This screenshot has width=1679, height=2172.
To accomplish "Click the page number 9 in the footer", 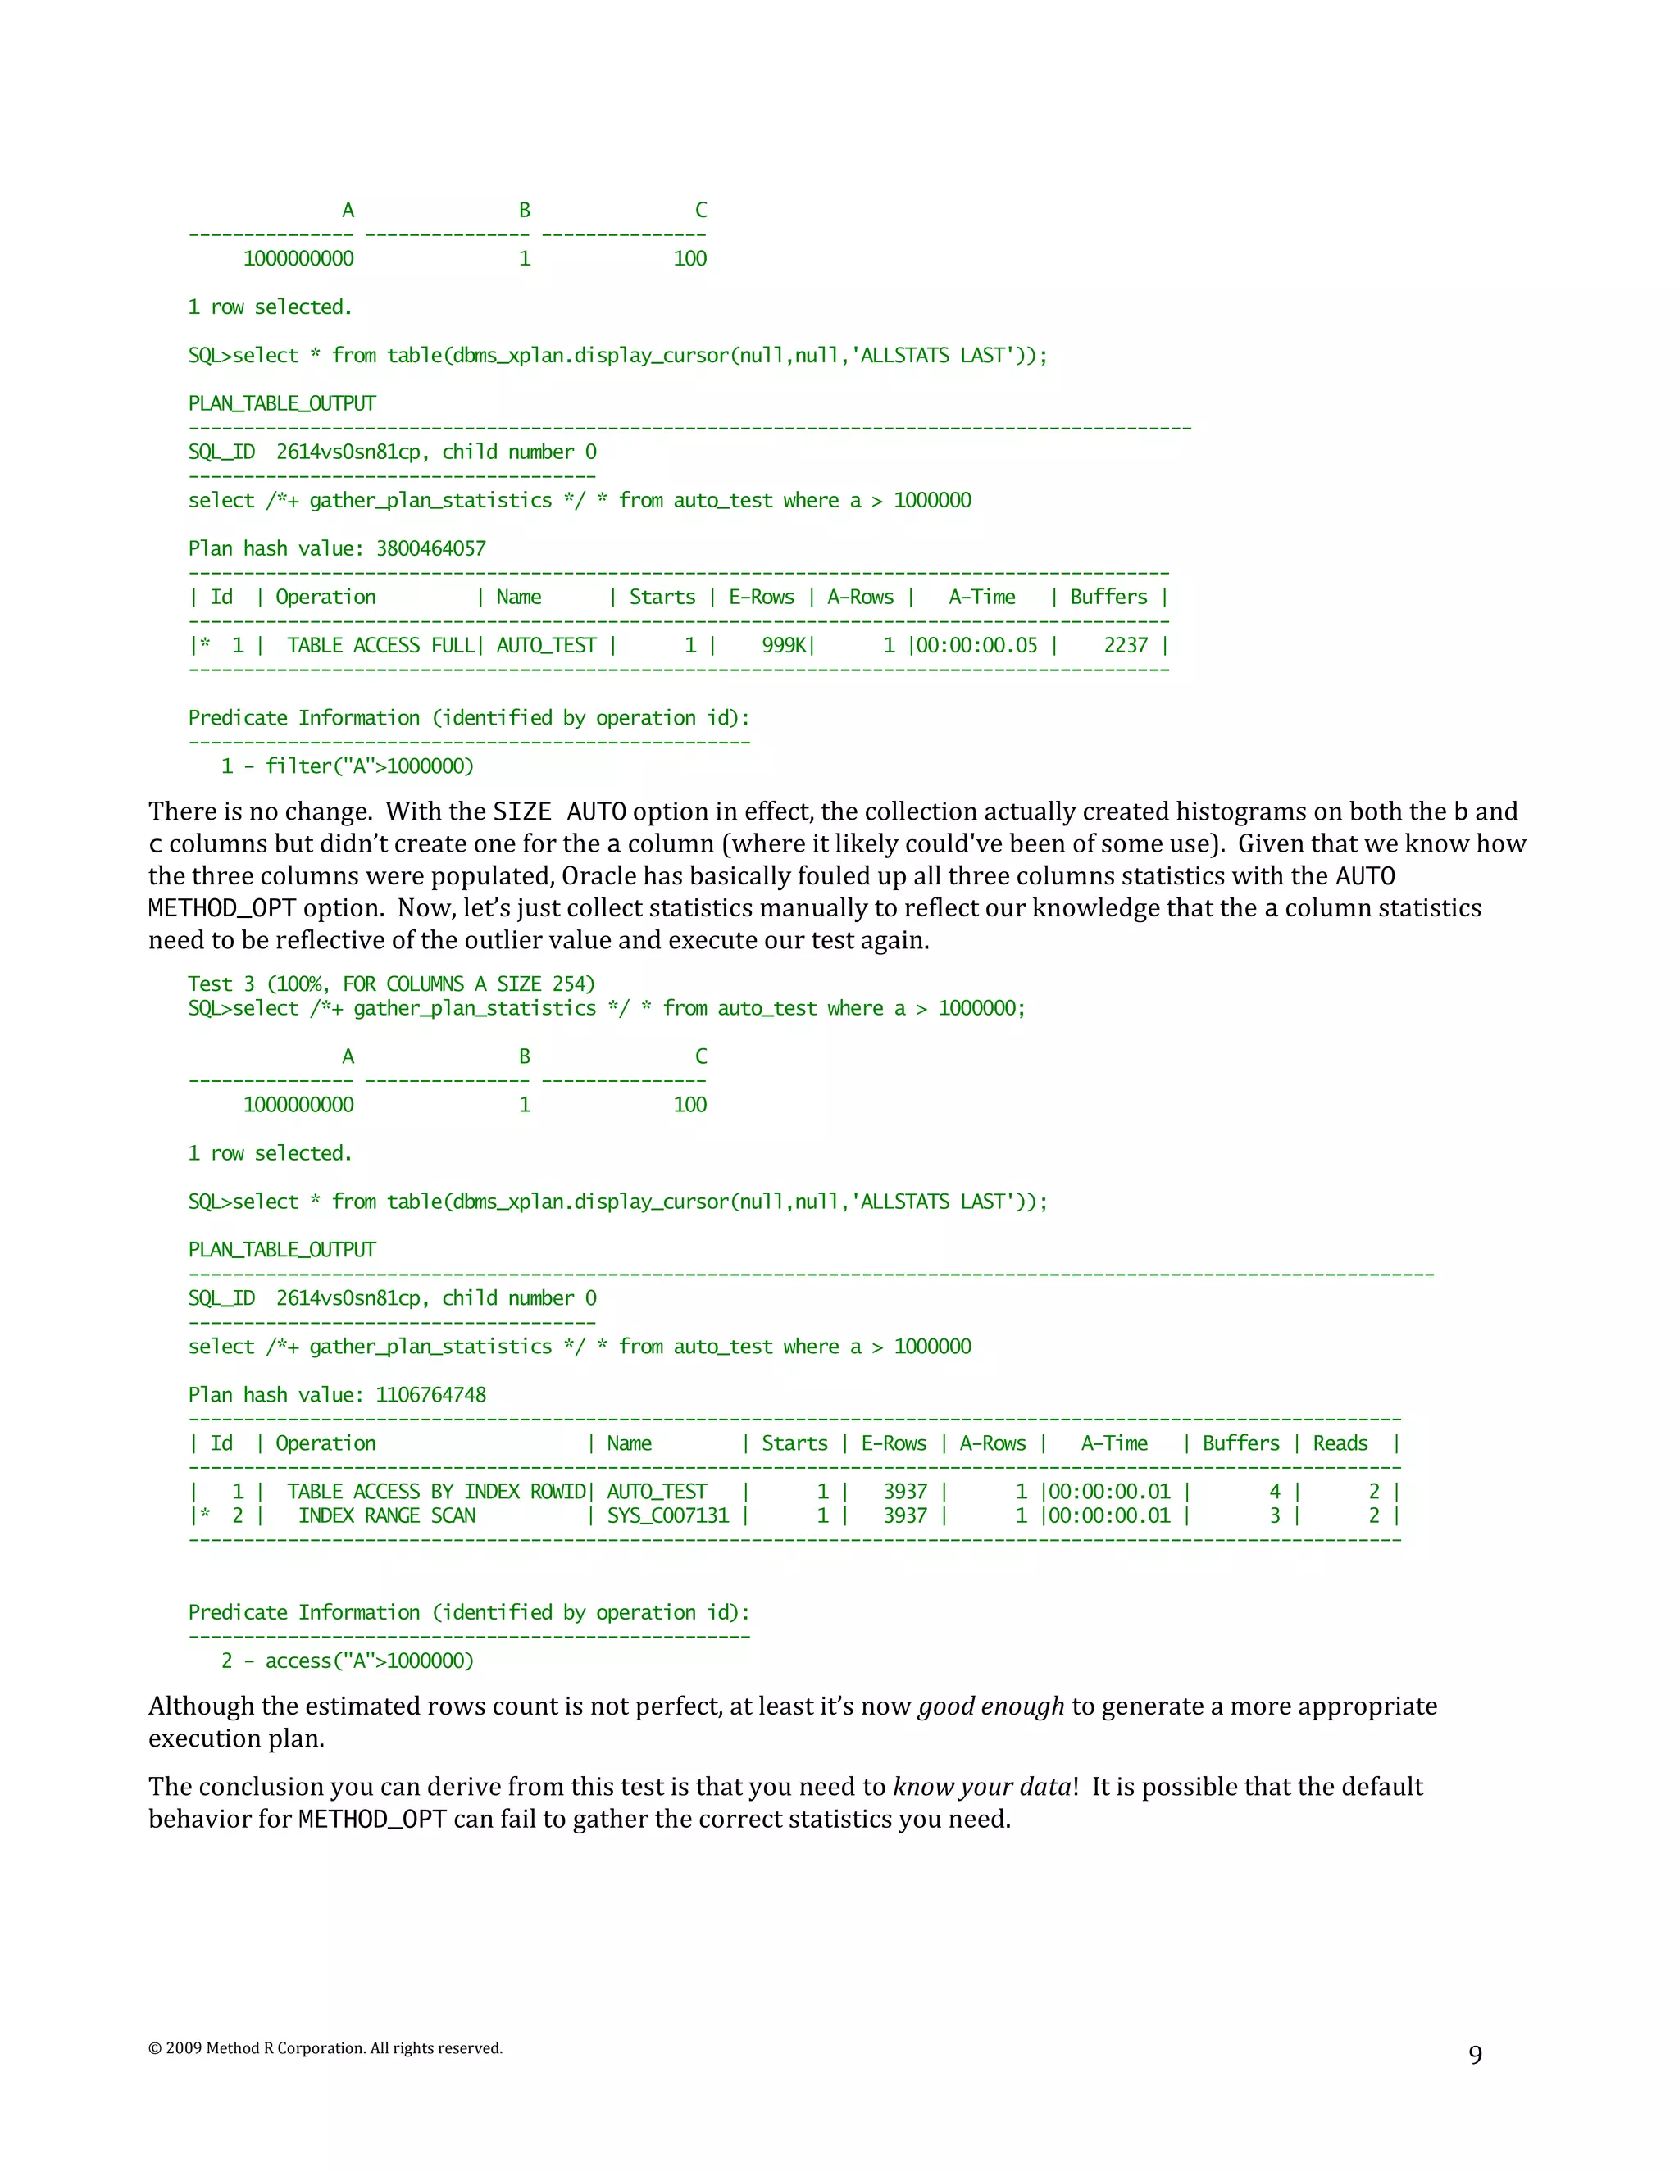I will pyautogui.click(x=1475, y=2055).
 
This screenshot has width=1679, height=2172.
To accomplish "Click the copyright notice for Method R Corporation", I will pyautogui.click(x=325, y=2047).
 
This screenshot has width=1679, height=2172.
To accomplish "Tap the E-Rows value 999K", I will pyautogui.click(x=785, y=645).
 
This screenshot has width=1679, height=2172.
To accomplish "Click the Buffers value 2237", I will pyautogui.click(x=1125, y=645).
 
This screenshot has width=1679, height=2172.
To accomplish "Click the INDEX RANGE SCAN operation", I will pyautogui.click(x=387, y=1515).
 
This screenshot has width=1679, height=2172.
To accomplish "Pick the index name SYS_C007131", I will pyautogui.click(x=667, y=1515).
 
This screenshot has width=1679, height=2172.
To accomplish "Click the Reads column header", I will pyautogui.click(x=1340, y=1444).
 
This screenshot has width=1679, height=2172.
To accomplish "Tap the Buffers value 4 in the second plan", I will pyautogui.click(x=1274, y=1492).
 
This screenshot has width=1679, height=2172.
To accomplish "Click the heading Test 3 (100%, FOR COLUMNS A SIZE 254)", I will pyautogui.click(x=391, y=984).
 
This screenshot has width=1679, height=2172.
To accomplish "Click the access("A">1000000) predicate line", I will pyautogui.click(x=347, y=1661).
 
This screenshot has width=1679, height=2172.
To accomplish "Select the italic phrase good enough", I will pyautogui.click(x=990, y=1706).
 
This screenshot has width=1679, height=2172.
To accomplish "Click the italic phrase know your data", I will pyautogui.click(x=981, y=1787).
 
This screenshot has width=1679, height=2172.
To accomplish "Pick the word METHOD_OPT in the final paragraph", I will pyautogui.click(x=372, y=1820).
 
